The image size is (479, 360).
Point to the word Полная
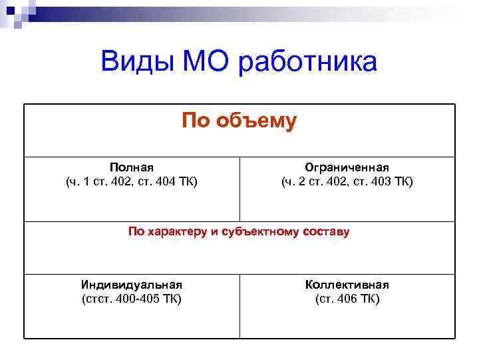(131, 167)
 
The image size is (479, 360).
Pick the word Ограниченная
(347, 167)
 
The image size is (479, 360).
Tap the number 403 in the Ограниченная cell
(376, 181)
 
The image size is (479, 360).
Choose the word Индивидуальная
(131, 285)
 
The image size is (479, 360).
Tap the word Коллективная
(347, 285)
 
